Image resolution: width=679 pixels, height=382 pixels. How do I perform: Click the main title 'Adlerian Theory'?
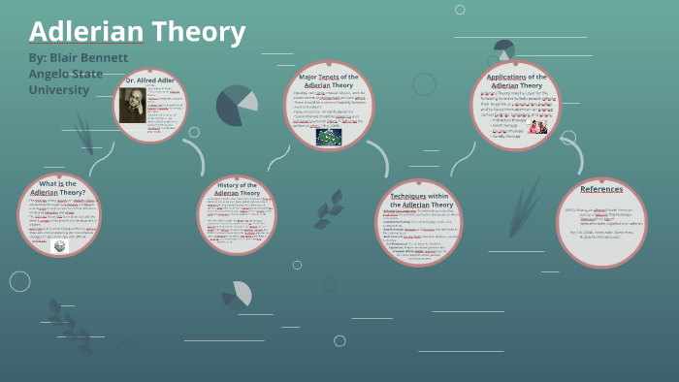coord(137,32)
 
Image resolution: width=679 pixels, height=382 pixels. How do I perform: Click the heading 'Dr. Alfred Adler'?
coord(150,79)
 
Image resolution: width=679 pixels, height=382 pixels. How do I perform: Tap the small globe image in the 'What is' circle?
coord(61,245)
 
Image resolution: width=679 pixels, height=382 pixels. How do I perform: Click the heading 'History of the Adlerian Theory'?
coord(237,188)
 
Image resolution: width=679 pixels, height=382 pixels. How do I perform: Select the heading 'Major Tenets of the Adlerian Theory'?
coord(329,80)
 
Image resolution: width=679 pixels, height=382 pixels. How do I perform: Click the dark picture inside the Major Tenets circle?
coord(329,136)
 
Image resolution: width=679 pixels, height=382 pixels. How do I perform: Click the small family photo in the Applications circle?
coord(537,126)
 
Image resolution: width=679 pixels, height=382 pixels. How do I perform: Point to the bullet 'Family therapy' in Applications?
coord(510,138)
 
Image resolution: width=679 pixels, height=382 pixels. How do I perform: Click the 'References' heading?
coord(601,189)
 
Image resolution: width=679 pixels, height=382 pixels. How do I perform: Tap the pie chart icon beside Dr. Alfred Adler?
coord(236,105)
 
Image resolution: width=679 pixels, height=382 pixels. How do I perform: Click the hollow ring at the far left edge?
coord(19,281)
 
